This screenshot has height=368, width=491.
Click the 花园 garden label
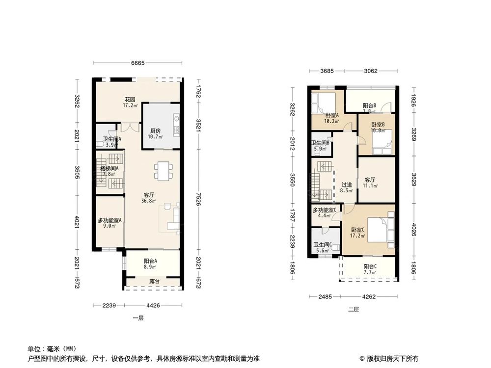coord(129,99)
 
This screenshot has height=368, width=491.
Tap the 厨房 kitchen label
coord(156,131)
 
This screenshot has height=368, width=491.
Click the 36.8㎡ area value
coord(149,201)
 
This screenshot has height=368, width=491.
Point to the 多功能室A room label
coord(109,220)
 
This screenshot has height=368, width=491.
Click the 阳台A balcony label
coord(150,262)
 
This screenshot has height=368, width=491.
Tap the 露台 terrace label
coord(155,282)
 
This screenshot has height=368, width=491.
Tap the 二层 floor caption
coord(354,310)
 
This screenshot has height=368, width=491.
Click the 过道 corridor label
coord(347,184)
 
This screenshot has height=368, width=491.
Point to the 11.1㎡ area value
coord(370,186)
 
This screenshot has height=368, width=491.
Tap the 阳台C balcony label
coord(370,266)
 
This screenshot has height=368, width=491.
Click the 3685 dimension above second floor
coord(327,71)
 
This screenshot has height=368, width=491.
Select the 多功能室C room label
coord(325,210)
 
